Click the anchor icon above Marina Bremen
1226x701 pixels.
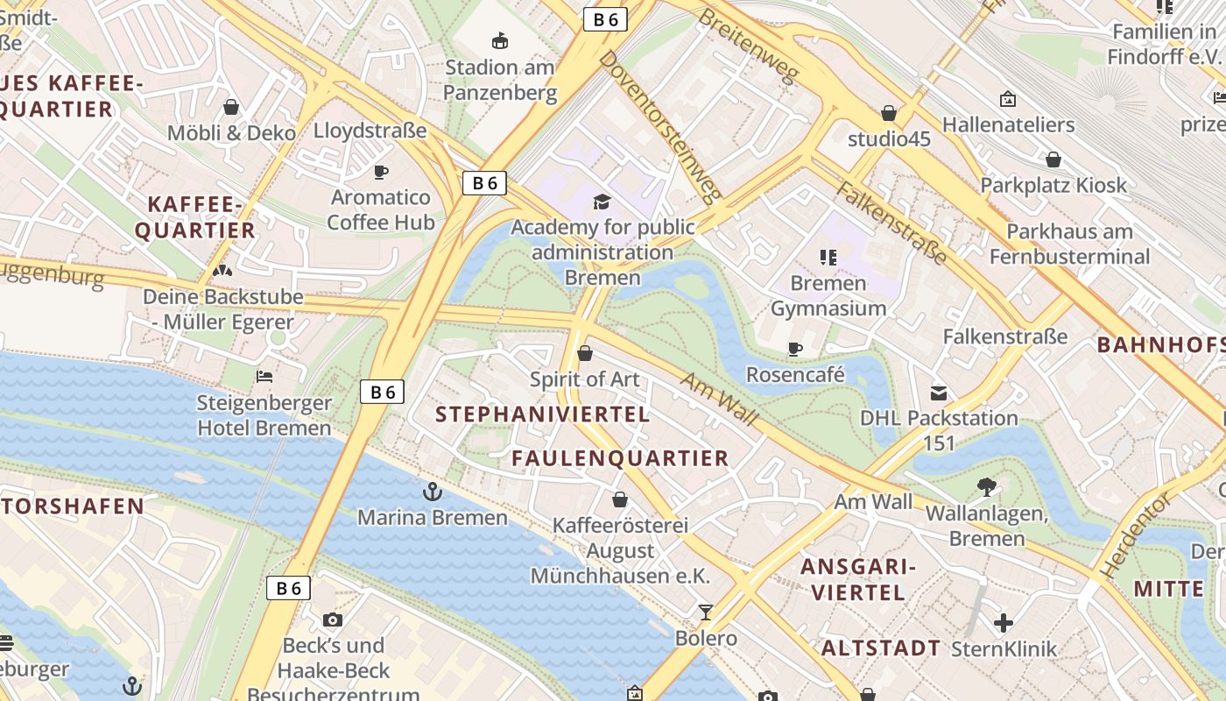[x=432, y=492]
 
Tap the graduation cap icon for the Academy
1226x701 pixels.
[x=602, y=202]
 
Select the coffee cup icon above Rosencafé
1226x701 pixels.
[x=795, y=350]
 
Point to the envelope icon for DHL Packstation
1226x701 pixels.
[x=939, y=393]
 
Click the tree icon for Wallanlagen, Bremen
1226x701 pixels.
[x=986, y=487]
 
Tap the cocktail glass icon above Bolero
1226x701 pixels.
[x=706, y=612]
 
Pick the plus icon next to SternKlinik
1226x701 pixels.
[x=1004, y=623]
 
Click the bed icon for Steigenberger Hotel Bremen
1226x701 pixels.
[x=264, y=377]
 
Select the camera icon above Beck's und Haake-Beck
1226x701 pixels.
[x=333, y=620]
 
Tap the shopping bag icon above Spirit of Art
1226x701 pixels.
[x=585, y=353]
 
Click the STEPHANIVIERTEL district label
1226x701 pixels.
[x=542, y=414]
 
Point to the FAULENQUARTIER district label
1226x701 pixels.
[x=620, y=458]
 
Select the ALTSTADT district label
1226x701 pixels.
[x=881, y=648]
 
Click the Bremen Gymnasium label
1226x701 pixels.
[x=828, y=296]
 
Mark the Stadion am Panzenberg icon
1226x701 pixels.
[x=500, y=40]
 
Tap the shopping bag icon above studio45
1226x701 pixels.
[x=889, y=113]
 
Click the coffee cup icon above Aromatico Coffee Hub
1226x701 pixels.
[x=381, y=172]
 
